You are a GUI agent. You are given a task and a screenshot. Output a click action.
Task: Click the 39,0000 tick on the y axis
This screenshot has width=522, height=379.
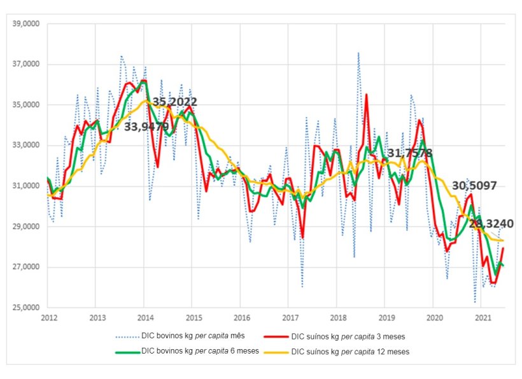[25, 24]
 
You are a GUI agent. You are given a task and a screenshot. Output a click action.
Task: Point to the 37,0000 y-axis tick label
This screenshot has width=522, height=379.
[25, 64]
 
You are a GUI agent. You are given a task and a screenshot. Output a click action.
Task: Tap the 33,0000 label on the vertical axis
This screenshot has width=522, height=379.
[25, 146]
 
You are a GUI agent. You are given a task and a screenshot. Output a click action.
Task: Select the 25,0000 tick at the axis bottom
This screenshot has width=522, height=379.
[25, 308]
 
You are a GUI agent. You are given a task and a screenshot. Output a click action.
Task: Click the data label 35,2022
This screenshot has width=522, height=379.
[174, 102]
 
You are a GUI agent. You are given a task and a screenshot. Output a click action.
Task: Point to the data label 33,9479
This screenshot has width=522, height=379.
[146, 127]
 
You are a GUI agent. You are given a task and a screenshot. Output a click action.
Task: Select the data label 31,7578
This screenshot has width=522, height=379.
[409, 153]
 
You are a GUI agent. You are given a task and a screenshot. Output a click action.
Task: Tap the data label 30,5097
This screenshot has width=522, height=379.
[474, 186]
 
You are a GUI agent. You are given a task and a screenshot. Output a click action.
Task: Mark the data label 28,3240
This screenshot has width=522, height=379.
[491, 223]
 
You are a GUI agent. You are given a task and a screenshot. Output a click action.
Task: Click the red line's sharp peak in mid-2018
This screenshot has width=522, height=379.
[366, 95]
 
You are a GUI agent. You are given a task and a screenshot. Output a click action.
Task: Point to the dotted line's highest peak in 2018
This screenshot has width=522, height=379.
[358, 53]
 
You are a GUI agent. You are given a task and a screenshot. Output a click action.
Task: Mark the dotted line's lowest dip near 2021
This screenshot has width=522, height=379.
[475, 301]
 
